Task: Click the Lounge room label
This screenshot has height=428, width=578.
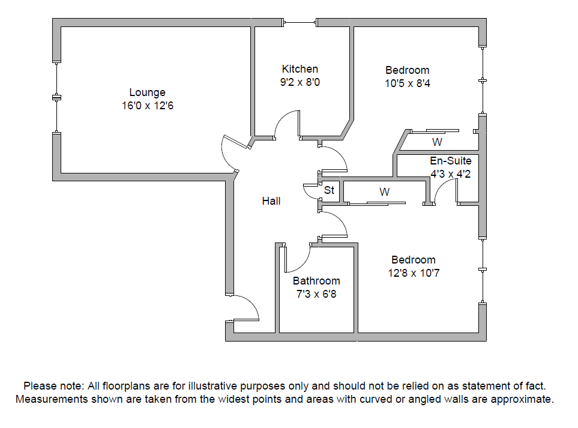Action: [147, 92]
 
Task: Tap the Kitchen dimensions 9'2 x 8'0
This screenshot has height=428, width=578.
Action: [300, 82]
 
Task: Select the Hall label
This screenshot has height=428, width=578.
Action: [271, 201]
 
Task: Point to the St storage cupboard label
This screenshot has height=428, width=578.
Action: [329, 191]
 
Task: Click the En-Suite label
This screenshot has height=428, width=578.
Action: [450, 161]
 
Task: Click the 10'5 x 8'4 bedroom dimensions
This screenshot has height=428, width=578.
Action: [408, 83]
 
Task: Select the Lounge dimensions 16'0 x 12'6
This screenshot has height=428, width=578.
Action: [147, 106]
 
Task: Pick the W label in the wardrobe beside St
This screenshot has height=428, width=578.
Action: [384, 192]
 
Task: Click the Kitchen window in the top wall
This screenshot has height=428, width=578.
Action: [300, 23]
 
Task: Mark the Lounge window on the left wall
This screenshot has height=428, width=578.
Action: [56, 97]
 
